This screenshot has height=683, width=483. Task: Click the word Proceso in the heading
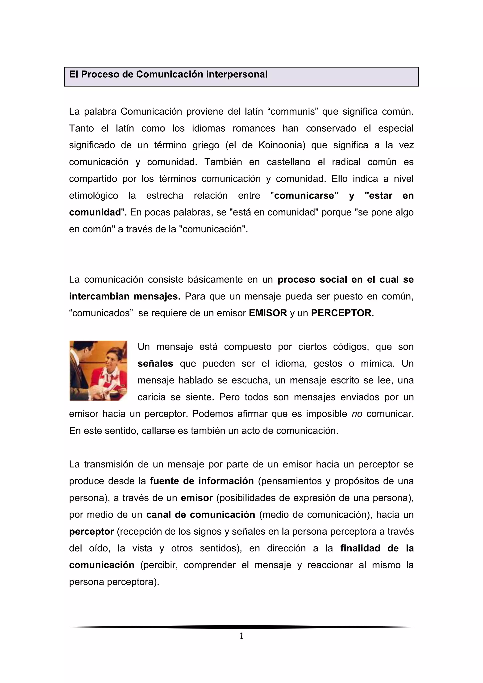100,74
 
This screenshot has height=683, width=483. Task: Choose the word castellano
288,162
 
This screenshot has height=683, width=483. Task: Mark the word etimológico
93,196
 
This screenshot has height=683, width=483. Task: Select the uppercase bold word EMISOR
268,313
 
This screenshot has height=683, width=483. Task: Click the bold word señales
155,363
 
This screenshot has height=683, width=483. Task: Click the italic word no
357,414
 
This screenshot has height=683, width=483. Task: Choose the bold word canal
158,515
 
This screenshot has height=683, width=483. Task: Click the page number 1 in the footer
241,636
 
